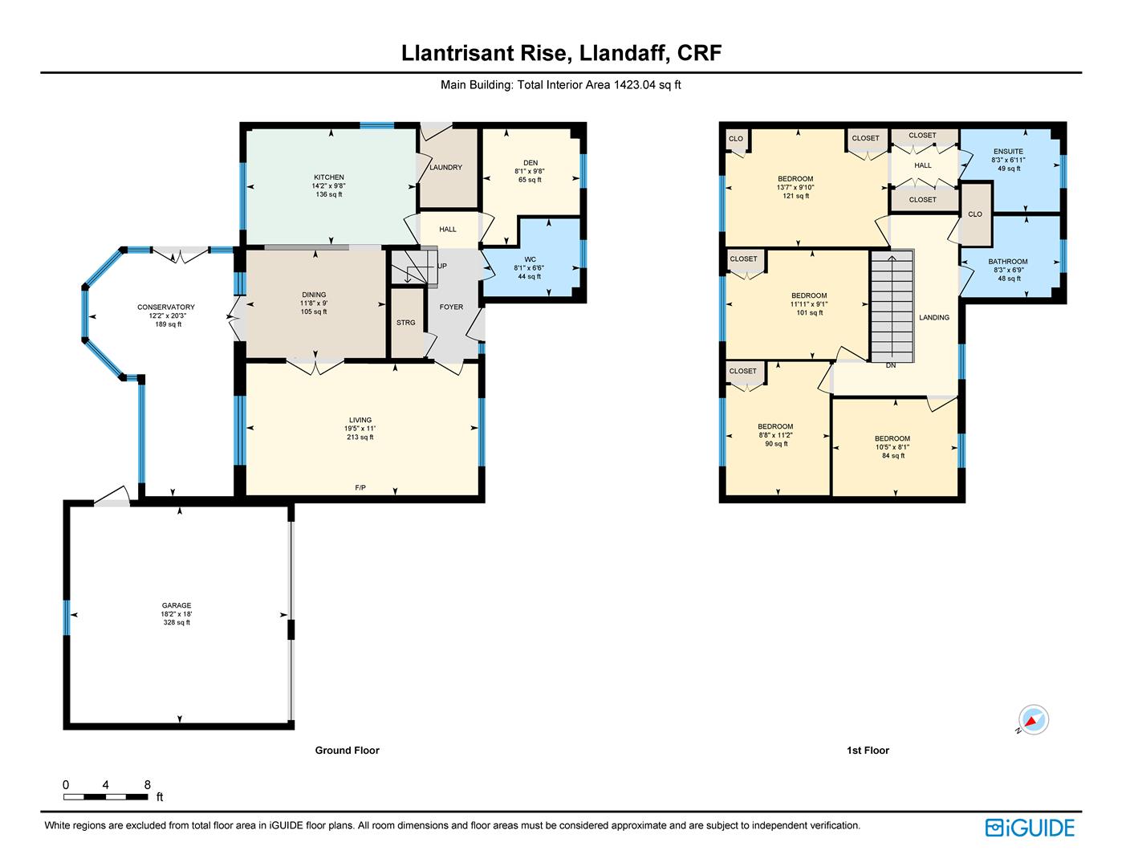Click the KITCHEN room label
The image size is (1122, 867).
329,177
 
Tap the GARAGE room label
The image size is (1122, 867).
177,605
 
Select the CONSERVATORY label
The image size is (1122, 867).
166,307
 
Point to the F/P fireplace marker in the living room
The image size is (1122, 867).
360,487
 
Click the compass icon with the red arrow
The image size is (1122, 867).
1033,719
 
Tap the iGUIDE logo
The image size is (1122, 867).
1030,828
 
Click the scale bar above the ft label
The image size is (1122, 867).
106,797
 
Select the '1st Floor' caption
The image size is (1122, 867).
868,751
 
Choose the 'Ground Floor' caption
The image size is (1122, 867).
347,751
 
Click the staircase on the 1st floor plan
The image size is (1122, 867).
892,306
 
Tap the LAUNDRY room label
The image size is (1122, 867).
445,167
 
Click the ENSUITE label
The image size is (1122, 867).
1008,151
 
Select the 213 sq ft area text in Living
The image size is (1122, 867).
360,437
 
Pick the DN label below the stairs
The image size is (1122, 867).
891,365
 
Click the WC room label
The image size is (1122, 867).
531,259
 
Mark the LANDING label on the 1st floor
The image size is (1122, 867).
934,317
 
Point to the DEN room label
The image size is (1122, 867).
531,163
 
